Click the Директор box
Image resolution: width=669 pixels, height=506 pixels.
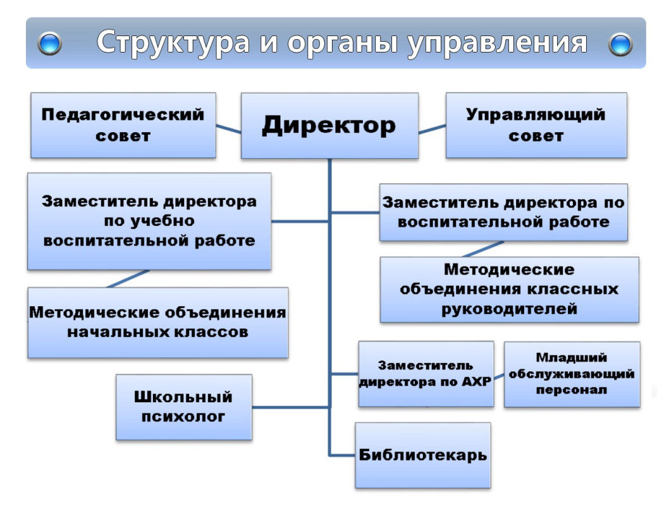[329, 125]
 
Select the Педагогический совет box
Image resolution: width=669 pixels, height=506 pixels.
[123, 125]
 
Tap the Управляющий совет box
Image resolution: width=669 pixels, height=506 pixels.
[536, 125]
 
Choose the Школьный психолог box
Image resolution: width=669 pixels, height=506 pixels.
[183, 407]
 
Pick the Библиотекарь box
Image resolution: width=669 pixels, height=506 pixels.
[423, 455]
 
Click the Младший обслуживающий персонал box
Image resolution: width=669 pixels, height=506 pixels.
[572, 374]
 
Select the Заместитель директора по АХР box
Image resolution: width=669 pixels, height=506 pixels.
[426, 374]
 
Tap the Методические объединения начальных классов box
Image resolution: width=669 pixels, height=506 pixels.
[157, 323]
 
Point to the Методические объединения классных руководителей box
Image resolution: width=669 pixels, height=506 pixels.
[509, 290]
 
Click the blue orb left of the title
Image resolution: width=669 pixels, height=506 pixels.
[50, 44]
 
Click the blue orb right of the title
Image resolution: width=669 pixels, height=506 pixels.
[620, 44]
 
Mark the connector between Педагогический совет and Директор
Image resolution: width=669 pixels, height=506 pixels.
[228, 128]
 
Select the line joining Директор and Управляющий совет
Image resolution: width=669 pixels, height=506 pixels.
[432, 129]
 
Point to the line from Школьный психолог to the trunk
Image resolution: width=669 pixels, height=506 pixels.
[290, 406]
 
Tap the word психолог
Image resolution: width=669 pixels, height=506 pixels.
[183, 416]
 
